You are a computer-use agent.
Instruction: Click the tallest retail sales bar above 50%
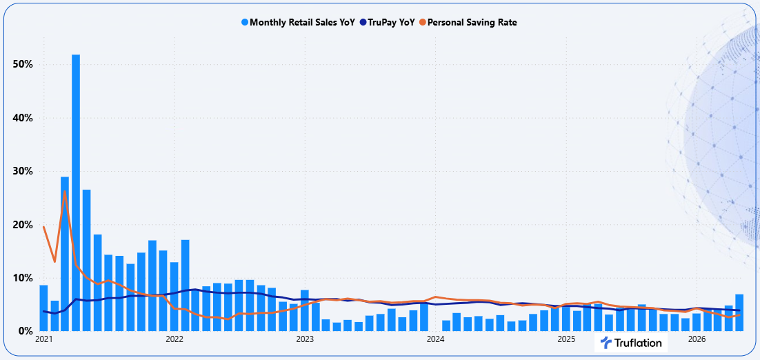point(76,193)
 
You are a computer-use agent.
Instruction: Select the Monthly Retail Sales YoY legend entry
point(298,22)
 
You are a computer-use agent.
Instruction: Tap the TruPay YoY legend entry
point(388,22)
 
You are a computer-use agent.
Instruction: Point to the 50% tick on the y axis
point(22,65)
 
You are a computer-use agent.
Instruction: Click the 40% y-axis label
point(22,118)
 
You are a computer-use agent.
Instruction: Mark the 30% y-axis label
point(22,172)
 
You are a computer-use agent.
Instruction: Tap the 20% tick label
point(22,225)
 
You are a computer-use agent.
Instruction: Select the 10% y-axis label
point(22,278)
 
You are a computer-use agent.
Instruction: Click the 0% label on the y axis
point(25,332)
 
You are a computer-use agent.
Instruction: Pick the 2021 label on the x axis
point(43,339)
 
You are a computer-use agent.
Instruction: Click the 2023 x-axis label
point(305,339)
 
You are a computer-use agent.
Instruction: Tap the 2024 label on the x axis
point(435,339)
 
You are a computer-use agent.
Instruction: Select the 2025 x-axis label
point(566,339)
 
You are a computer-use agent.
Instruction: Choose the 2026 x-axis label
point(697,339)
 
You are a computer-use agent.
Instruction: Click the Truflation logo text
point(638,343)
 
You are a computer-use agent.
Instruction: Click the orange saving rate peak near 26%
point(65,192)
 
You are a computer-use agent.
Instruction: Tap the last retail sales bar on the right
point(739,312)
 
